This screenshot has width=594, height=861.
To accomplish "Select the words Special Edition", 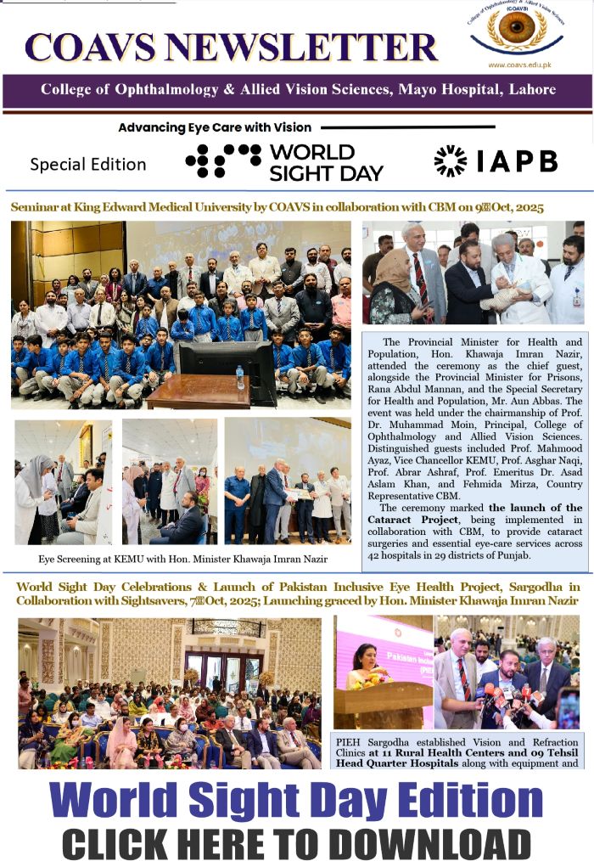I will pos(87,164).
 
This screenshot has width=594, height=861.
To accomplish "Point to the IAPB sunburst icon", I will pos(450,161).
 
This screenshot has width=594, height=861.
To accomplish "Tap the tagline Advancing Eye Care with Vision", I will pos(215,127).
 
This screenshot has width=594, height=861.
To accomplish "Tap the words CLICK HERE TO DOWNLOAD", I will pos(296,843).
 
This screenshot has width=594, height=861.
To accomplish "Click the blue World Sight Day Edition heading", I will pos(296,802).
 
